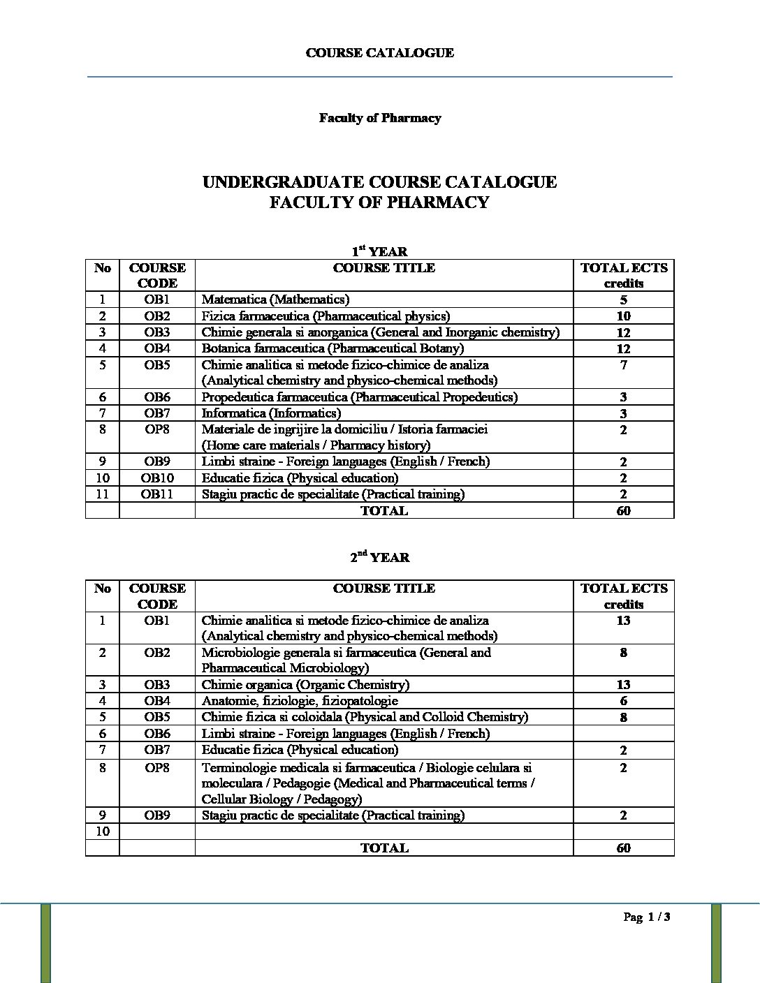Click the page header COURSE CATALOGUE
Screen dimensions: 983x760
tap(379, 53)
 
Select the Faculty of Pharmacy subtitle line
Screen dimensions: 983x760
tap(379, 118)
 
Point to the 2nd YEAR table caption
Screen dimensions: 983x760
tap(379, 557)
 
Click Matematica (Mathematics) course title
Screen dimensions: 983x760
tap(275, 300)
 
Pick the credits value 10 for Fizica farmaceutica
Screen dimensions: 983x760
tap(623, 316)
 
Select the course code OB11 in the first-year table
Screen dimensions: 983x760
tap(157, 494)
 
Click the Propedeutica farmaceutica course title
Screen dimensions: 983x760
tap(359, 397)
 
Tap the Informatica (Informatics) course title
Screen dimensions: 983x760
tap(271, 413)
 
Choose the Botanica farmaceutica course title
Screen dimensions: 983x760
tap(332, 348)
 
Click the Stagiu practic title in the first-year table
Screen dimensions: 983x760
tap(332, 494)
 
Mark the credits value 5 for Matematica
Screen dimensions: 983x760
tap(623, 300)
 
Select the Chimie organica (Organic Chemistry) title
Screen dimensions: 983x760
tap(305, 685)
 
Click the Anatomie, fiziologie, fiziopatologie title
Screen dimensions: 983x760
tap(300, 701)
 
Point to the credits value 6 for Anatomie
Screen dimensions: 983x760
tap(623, 701)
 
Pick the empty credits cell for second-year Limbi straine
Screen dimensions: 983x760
tap(623, 734)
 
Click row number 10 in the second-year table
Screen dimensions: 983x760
tap(103, 832)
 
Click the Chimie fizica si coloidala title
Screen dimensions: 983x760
tap(365, 717)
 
